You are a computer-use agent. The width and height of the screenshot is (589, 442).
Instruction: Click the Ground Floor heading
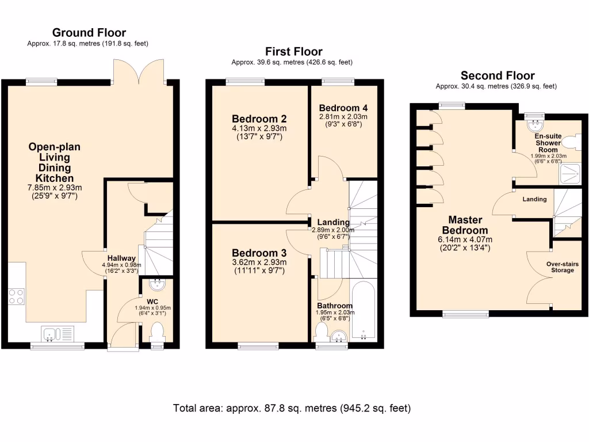coord(89,33)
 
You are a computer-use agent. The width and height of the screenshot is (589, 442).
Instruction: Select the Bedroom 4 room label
coord(343,108)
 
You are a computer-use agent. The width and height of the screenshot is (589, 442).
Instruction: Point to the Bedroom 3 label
coord(258,253)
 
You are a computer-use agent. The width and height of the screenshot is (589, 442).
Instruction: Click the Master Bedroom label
coord(465,225)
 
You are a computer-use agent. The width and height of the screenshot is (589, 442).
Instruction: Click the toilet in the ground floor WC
coord(156,331)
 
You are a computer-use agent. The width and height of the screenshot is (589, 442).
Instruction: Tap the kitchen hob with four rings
coord(16,296)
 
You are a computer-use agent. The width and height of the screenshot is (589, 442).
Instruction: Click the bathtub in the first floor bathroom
coord(362,311)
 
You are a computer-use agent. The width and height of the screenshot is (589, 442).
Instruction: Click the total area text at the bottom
coord(292,409)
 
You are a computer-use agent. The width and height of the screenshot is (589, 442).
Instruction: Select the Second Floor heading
coord(498,76)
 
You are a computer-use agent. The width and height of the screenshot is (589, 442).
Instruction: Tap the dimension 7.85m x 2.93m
coord(55,188)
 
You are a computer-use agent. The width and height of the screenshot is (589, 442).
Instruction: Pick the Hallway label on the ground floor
coord(121,258)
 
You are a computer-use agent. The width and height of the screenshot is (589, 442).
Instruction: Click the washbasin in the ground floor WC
coord(156,284)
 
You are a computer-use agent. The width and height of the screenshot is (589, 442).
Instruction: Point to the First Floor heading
coord(293,52)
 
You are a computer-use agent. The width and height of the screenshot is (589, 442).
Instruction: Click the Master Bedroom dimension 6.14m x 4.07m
coord(465,240)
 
